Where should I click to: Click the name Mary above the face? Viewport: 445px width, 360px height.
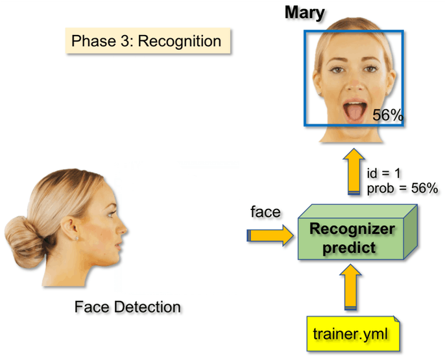304,12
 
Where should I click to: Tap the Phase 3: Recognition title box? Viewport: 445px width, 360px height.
146,42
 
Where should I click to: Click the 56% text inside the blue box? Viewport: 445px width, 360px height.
388,115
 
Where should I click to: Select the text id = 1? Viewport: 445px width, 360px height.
385,173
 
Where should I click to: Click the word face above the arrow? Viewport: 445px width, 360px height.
265,212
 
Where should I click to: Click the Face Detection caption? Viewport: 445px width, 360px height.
127,306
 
